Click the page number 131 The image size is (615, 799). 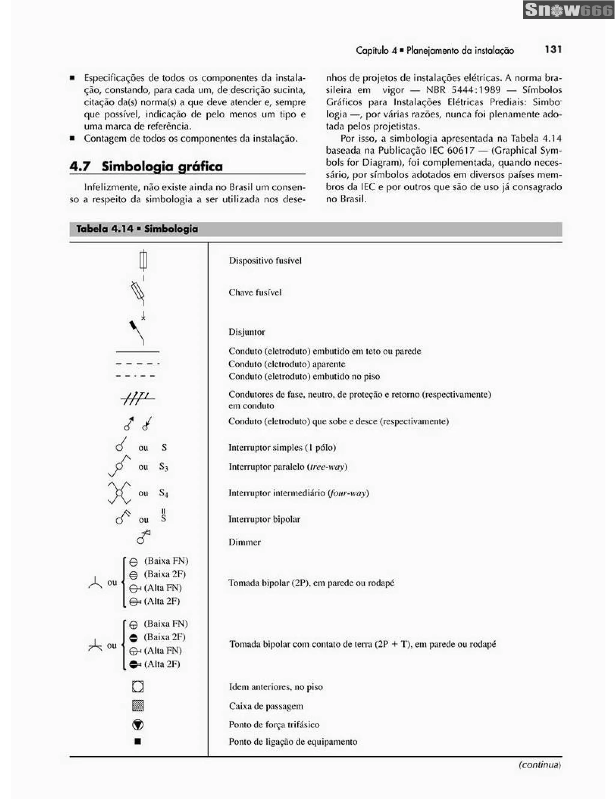553,49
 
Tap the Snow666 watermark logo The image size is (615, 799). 568,10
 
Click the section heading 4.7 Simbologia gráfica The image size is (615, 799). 146,166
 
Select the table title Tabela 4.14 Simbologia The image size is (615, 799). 137,229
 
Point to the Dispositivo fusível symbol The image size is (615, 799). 143,260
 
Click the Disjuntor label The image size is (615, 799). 247,332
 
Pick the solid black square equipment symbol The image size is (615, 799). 138,741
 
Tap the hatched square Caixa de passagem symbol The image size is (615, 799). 138,706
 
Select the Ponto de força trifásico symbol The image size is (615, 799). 138,725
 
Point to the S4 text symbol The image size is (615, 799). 163,493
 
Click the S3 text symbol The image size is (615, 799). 163,467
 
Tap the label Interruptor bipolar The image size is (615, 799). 264,519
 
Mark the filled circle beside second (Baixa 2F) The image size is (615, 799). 134,638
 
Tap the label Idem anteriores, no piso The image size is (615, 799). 276,687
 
